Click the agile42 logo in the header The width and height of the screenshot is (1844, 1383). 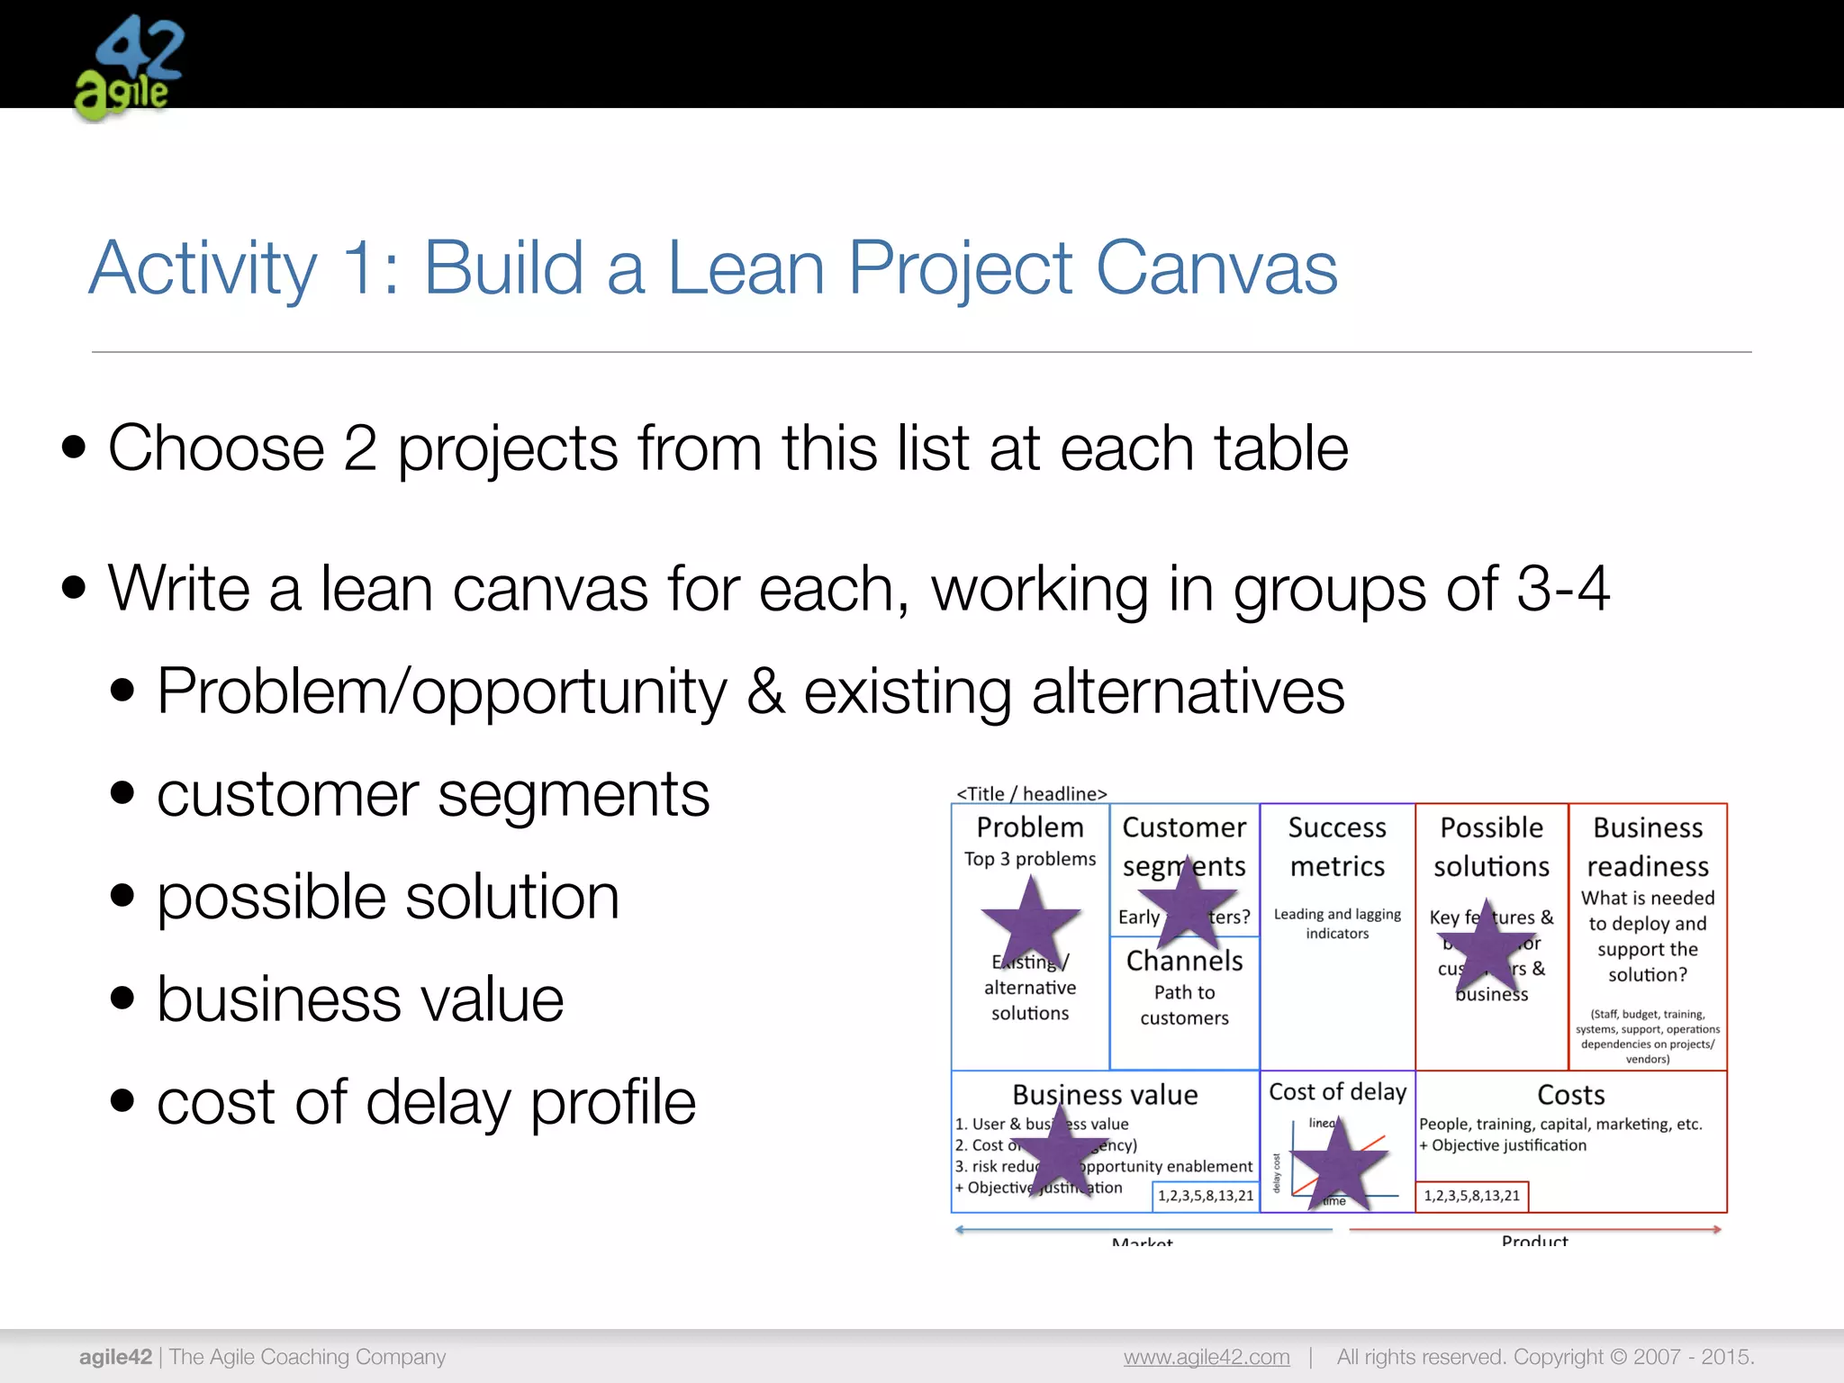129,68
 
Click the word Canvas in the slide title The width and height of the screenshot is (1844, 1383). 1216,267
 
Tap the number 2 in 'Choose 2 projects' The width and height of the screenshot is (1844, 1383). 359,448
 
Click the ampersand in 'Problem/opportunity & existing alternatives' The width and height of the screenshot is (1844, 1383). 765,691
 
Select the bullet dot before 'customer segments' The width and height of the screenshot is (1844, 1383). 122,794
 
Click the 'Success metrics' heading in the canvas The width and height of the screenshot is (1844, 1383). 1337,846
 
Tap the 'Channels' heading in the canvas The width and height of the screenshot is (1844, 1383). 1184,961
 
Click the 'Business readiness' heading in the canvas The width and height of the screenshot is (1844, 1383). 1648,846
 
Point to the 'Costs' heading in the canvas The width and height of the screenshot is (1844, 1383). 1570,1095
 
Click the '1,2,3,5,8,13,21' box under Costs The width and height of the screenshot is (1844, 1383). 1471,1196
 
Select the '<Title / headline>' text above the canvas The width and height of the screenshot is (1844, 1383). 1031,793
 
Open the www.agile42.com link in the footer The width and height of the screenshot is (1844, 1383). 1206,1357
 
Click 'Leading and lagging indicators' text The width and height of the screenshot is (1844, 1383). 1337,924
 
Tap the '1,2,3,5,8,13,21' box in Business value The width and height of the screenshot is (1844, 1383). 1206,1196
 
